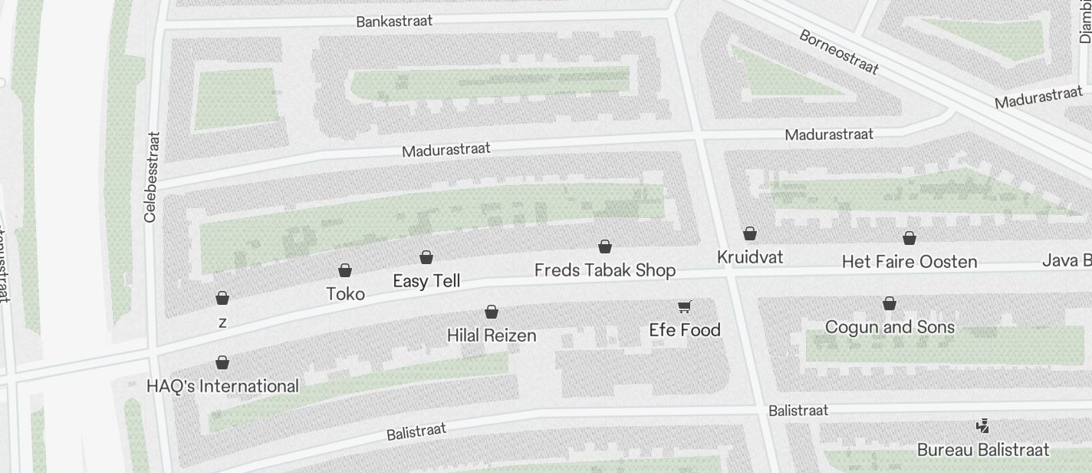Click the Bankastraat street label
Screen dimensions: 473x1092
click(x=394, y=21)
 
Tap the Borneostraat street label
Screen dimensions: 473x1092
click(x=838, y=52)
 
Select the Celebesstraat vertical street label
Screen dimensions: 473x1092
click(x=153, y=177)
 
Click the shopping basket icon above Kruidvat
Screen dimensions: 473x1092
click(x=750, y=233)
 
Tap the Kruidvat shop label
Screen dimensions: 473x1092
click(x=750, y=257)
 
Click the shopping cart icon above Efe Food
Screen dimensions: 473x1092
click(x=685, y=307)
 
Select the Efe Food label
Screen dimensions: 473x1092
click(x=685, y=330)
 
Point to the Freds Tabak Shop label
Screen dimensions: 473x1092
click(x=604, y=270)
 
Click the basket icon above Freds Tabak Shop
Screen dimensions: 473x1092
click(x=605, y=246)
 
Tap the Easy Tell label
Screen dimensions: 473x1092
click(x=426, y=281)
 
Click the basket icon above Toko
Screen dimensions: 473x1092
click(x=345, y=270)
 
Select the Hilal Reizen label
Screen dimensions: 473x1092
click(x=492, y=336)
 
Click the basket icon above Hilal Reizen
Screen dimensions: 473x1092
click(x=492, y=312)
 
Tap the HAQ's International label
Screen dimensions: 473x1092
click(x=222, y=386)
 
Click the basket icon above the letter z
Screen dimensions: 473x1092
click(x=222, y=298)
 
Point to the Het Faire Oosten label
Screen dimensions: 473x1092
click(x=909, y=262)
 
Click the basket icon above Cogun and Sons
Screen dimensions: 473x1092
click(x=890, y=304)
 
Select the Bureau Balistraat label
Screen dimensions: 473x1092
click(x=982, y=450)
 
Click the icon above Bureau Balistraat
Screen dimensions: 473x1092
click(x=982, y=426)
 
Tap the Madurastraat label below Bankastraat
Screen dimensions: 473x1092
click(x=446, y=149)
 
